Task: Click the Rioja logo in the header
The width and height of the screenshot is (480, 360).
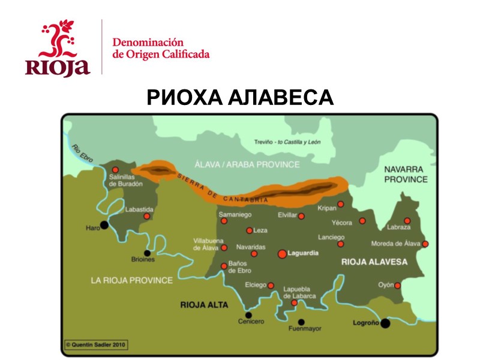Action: [57, 48]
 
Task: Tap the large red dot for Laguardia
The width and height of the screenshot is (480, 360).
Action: [282, 254]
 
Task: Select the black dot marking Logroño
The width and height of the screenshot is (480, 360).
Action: [385, 323]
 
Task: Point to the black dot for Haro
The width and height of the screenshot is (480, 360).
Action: [104, 225]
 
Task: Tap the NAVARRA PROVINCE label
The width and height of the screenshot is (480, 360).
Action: [406, 174]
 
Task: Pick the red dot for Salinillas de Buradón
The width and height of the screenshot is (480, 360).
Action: [115, 170]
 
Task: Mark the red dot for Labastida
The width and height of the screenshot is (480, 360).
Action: [146, 216]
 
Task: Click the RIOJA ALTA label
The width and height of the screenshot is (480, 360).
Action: [204, 305]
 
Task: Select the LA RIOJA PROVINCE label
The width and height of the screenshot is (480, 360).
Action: [131, 280]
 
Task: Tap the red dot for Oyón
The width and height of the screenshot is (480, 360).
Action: [397, 286]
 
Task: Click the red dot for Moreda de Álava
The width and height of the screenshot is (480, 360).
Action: [425, 244]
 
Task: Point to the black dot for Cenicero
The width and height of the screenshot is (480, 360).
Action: [248, 314]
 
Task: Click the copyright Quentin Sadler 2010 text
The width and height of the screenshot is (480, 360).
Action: [97, 345]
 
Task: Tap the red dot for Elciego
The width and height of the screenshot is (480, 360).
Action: [271, 286]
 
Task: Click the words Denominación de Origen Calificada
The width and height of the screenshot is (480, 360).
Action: [161, 49]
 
